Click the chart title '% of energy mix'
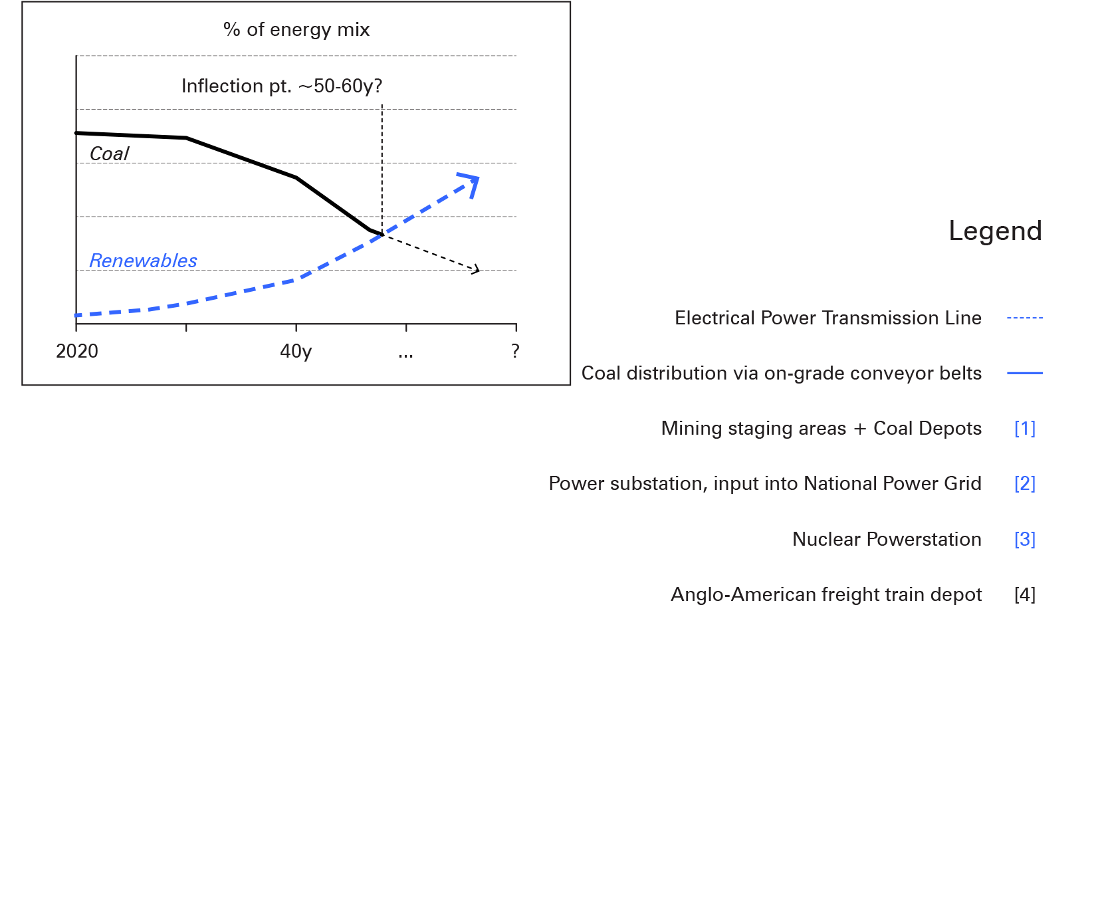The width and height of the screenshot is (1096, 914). point(296,30)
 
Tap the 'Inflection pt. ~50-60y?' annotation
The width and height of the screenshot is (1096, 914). point(282,86)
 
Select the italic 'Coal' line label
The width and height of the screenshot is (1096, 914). point(109,154)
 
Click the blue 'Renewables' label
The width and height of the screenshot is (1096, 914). point(143,261)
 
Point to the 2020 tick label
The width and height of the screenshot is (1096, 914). point(77,351)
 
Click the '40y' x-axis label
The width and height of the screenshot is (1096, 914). point(296,351)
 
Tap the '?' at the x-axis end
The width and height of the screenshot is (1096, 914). point(515,351)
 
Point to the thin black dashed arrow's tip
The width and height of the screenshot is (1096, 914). point(477,269)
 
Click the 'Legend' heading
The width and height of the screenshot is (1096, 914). point(995,231)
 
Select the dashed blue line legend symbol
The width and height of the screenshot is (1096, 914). point(1025,318)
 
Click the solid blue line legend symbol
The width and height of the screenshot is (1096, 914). point(1025,374)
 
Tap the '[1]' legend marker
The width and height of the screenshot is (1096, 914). point(1025,429)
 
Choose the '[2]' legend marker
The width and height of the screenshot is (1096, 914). point(1025,484)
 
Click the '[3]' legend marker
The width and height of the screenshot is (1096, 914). point(1025,539)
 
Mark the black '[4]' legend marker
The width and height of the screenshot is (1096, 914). point(1025,595)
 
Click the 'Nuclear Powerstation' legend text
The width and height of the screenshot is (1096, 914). point(887,540)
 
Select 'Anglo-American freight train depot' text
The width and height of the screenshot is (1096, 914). point(826,595)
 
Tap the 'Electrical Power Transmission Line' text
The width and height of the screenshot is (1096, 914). point(828,318)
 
